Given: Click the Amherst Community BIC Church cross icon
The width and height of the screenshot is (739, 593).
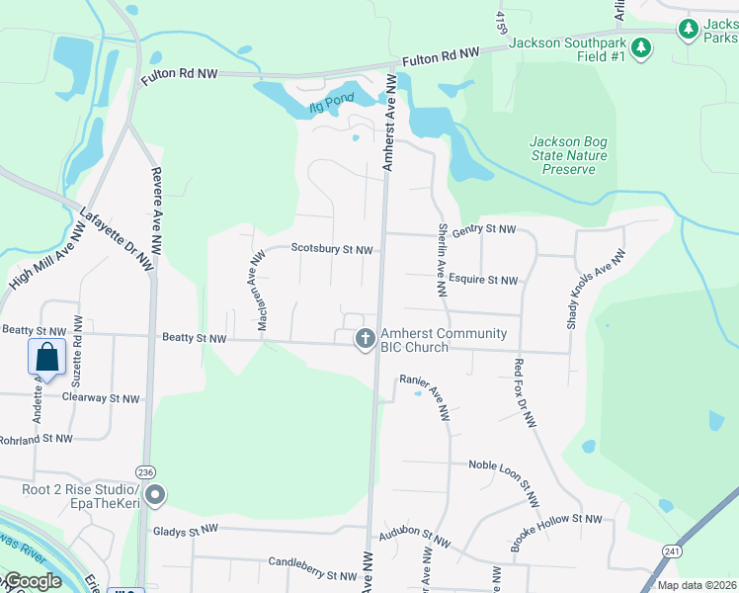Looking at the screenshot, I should [x=365, y=340].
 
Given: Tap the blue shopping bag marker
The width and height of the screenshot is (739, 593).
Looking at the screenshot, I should [x=46, y=356].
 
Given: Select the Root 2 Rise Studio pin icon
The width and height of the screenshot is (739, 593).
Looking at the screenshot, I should [x=154, y=495].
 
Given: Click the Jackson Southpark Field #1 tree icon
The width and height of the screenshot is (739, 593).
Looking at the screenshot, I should [x=641, y=47].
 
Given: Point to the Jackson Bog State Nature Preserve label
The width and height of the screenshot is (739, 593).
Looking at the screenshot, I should [x=568, y=155].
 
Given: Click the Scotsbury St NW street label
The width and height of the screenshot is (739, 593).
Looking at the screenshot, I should [x=332, y=250].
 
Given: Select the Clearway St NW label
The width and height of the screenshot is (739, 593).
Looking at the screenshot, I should [x=101, y=398].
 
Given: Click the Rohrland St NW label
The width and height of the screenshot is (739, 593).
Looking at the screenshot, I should [x=37, y=438].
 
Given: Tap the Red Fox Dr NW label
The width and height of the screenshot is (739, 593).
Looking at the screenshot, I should [x=525, y=392].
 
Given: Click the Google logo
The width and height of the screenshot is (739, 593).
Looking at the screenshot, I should [x=33, y=581].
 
